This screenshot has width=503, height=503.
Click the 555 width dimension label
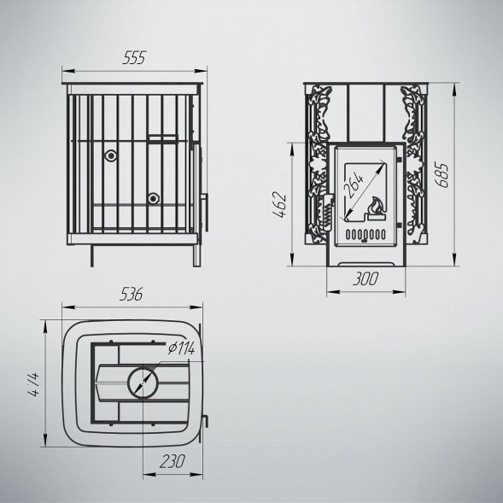[134, 57]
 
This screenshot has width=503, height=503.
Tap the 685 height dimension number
[442, 175]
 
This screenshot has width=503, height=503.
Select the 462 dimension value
[278, 205]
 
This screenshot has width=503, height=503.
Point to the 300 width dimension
[366, 278]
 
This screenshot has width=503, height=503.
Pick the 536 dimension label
[131, 294]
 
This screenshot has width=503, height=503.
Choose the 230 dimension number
[173, 461]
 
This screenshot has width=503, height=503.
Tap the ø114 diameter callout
[181, 348]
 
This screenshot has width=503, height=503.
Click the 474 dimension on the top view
[33, 384]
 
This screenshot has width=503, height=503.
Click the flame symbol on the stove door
[375, 208]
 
